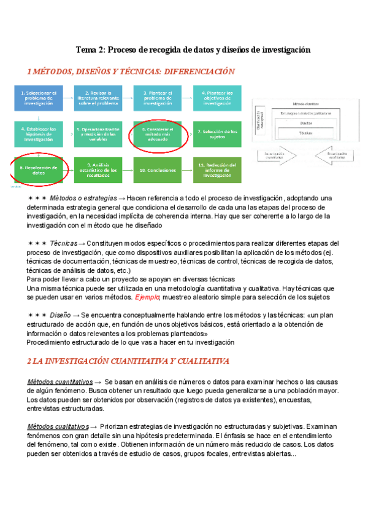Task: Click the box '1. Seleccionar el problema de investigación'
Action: [x=38, y=98]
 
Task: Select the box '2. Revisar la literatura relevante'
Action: [x=99, y=98]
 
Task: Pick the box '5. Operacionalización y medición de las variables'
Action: [x=99, y=133]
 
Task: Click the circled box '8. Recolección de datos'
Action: [x=38, y=169]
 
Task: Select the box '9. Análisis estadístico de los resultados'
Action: [x=99, y=169]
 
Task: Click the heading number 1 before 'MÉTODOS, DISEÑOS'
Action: [x=29, y=72]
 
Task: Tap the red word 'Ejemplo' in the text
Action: [x=147, y=297]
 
